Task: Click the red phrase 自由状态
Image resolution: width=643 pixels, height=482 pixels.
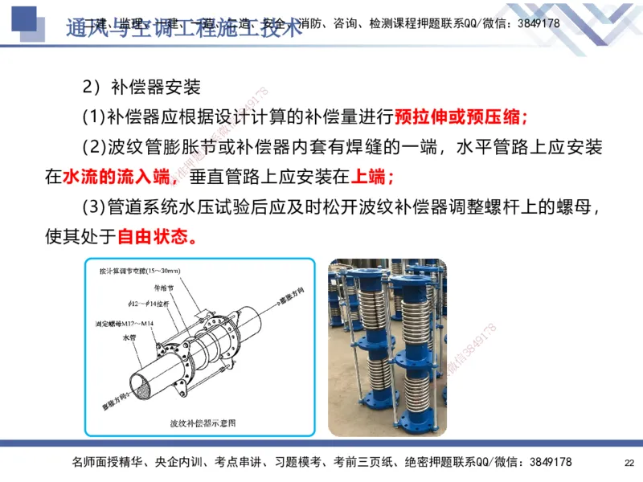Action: click(158, 237)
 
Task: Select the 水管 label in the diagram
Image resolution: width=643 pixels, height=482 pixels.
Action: click(131, 338)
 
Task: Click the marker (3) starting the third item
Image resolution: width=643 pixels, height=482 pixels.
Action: click(94, 207)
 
